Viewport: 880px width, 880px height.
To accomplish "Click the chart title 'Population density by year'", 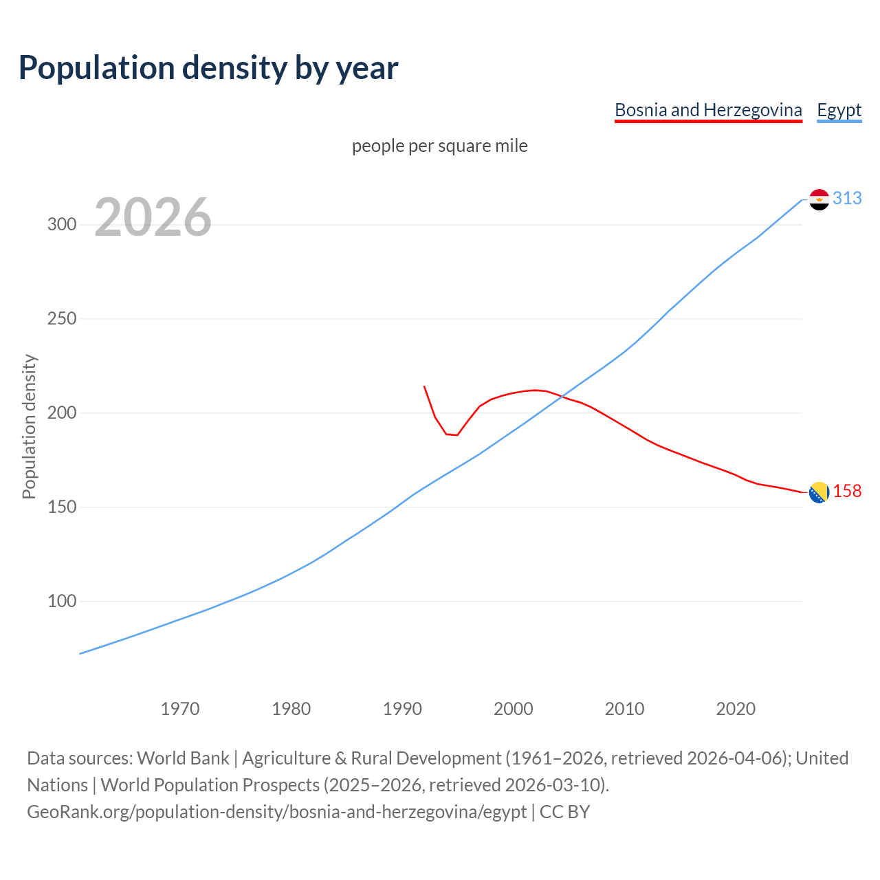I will [208, 68].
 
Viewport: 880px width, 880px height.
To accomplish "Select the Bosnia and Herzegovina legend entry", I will [708, 110].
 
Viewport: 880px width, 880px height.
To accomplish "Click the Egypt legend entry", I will [839, 110].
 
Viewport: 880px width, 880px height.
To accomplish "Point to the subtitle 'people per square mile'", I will [440, 146].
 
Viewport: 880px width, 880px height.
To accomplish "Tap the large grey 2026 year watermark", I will [153, 217].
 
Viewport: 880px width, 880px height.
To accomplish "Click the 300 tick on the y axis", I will [62, 225].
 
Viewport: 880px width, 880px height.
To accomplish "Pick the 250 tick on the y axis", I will [62, 319].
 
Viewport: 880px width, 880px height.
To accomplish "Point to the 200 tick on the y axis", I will [62, 413].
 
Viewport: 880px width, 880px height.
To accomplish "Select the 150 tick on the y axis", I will [62, 507].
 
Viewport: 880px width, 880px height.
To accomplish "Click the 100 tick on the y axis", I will [62, 602].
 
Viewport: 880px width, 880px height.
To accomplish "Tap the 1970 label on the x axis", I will [180, 709].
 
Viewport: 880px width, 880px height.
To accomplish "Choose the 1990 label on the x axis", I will [402, 709].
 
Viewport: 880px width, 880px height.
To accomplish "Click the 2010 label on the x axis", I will [624, 709].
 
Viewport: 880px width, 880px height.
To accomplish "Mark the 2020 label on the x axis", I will [736, 709].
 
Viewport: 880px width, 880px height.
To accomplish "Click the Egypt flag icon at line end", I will [819, 199].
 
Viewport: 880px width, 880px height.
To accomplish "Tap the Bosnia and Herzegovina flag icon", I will [819, 492].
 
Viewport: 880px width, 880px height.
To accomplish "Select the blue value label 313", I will [847, 199].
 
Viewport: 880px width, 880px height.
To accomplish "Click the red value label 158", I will [847, 492].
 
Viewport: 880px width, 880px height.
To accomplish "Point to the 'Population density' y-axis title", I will [29, 426].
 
